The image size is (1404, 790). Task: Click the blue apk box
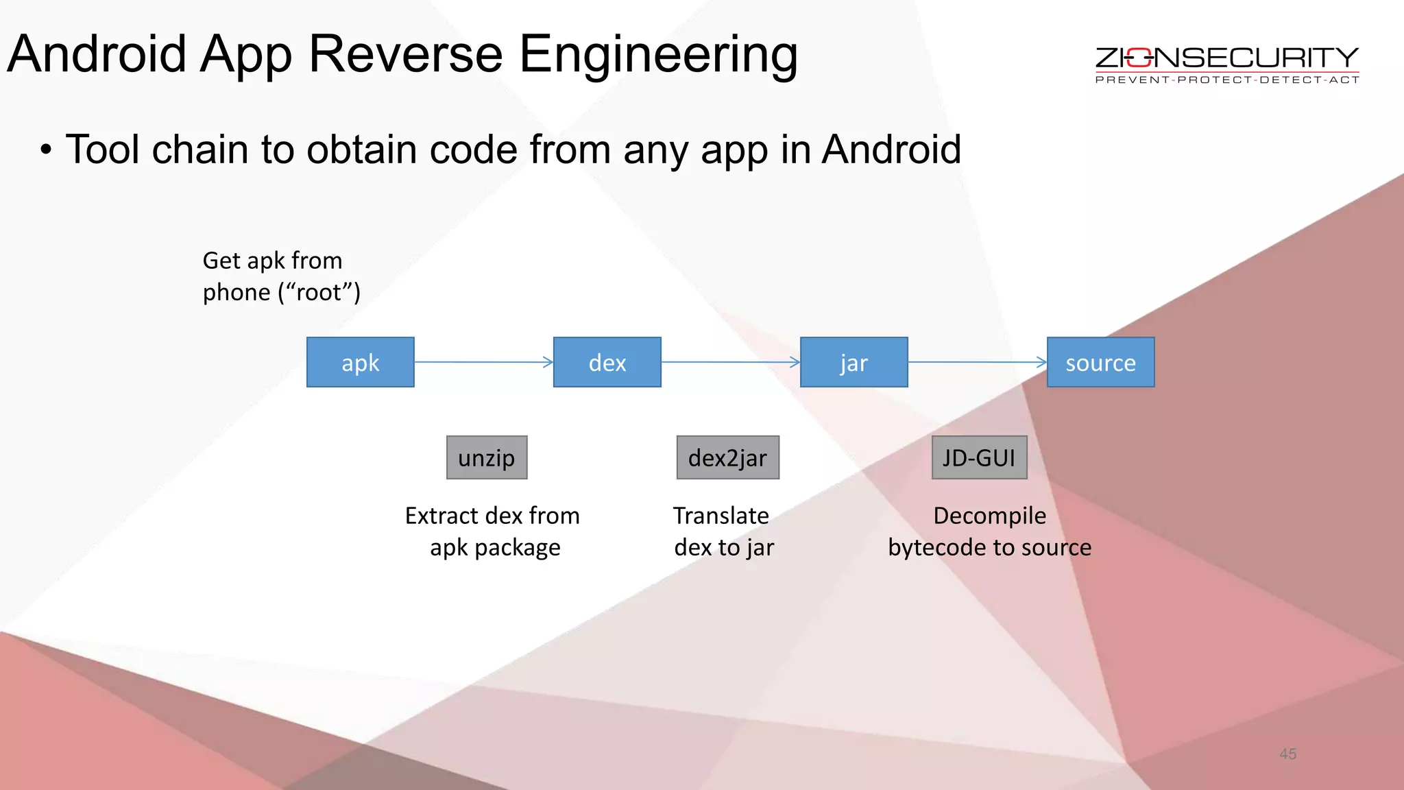pos(360,362)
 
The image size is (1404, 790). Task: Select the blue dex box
pos(607,362)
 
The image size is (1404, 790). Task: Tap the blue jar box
pos(854,362)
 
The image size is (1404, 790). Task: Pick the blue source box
pos(1100,362)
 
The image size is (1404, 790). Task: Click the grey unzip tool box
pos(487,457)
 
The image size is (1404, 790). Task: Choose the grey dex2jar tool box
pos(727,457)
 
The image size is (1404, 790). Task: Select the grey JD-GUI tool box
pos(979,457)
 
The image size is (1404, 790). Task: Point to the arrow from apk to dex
pos(483,362)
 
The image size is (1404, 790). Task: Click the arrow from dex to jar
pos(730,362)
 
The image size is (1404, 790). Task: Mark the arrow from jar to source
pos(977,362)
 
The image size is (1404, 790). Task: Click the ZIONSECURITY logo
pos(1226,58)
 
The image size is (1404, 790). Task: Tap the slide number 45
pos(1287,754)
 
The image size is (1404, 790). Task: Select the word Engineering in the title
pos(658,55)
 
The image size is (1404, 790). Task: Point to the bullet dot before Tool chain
pos(46,150)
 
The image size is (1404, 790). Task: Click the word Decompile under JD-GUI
pos(989,516)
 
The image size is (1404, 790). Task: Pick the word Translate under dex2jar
pos(721,516)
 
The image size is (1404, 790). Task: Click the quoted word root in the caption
pos(319,293)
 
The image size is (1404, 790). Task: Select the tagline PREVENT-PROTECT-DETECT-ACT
pos(1226,80)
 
